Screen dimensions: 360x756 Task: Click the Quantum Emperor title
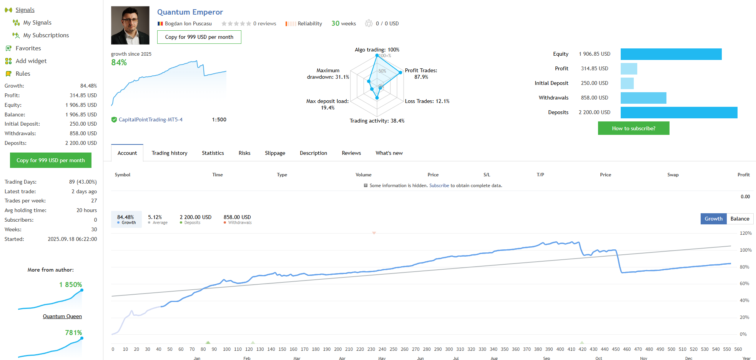coord(190,12)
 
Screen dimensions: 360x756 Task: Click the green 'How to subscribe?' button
coord(633,128)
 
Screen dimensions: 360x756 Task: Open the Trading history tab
coord(169,153)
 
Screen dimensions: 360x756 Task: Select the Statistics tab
coord(213,153)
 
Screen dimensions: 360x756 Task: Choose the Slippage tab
coord(275,153)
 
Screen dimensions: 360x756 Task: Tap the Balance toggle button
coord(739,219)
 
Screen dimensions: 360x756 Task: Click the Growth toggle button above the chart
coord(713,219)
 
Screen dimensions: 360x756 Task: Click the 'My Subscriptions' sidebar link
coord(46,35)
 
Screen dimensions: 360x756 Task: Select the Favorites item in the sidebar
coord(28,48)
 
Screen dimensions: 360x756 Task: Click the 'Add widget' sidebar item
coord(31,61)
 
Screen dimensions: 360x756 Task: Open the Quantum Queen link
coord(62,317)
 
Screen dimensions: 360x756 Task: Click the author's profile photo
coord(130,25)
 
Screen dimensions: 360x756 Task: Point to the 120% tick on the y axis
coord(746,233)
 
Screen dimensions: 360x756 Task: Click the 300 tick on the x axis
coord(449,349)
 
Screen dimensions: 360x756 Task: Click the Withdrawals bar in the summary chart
coord(643,98)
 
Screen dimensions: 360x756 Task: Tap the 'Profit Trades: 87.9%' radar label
coord(421,73)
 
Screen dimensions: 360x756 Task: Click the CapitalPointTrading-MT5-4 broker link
coord(150,120)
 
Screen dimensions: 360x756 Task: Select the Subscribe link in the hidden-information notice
coord(439,186)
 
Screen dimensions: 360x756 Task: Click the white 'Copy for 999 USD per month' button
coord(199,37)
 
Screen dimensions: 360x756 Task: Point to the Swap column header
coord(673,175)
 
